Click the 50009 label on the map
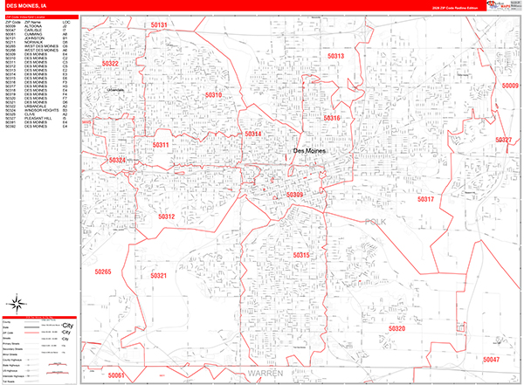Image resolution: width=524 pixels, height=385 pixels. click(509, 86)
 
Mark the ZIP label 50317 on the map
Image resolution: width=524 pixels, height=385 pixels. click(424, 200)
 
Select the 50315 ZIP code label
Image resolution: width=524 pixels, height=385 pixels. click(300, 254)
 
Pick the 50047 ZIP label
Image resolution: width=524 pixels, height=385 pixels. click(491, 359)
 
